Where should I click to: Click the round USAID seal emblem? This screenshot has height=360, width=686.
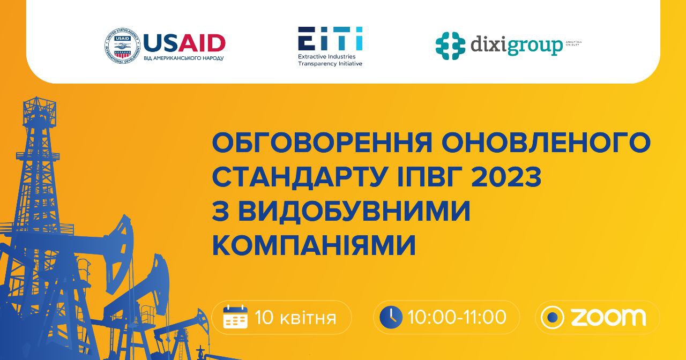coord(122,47)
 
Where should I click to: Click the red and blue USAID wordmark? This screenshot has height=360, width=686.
coord(184,42)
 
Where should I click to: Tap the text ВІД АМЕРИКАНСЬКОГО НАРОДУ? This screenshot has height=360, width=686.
coord(184,58)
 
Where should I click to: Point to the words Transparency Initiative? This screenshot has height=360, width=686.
coord(330,63)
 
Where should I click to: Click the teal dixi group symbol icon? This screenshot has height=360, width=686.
coord(450,46)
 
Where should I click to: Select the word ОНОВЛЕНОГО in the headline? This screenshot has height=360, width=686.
coord(542,144)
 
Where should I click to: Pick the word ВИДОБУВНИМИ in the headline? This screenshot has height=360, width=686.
coord(354,212)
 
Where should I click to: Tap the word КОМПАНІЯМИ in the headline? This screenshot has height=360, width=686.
coord(314,245)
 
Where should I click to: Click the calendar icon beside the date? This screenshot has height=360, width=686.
coord(235,317)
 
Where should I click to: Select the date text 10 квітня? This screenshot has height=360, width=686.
coord(295,318)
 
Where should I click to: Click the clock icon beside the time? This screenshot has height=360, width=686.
coord(391,317)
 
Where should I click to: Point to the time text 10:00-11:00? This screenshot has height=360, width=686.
coord(457,317)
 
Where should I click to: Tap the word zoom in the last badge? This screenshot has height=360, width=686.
coord(608,317)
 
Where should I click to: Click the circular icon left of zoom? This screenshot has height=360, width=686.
coord(552,317)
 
